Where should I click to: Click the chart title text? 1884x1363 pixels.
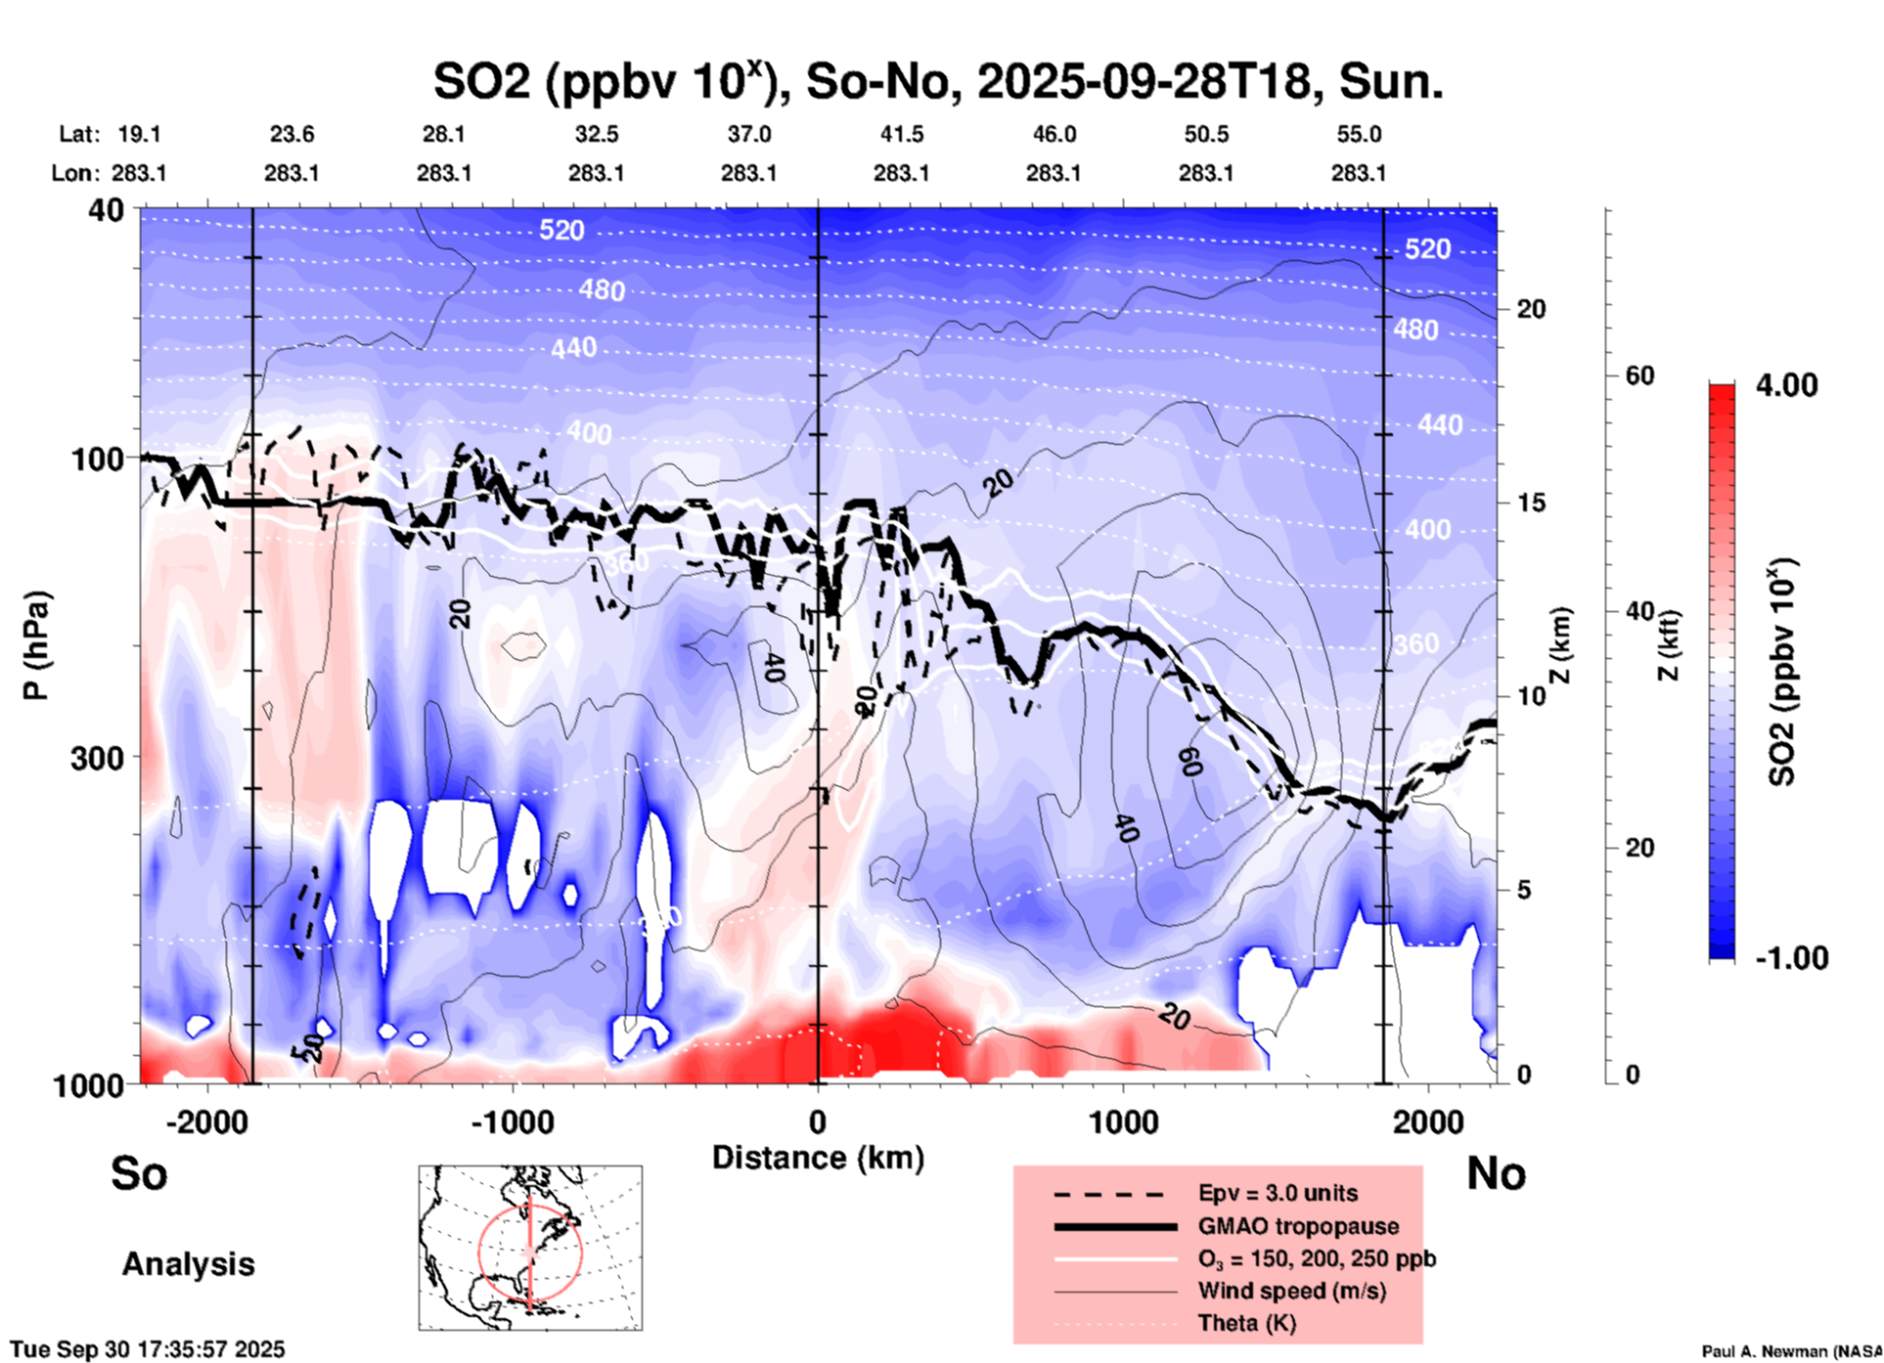pos(937,82)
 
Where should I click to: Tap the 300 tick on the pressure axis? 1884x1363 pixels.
pos(98,758)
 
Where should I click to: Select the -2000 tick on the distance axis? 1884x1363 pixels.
pos(206,1122)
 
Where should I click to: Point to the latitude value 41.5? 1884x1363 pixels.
pos(901,134)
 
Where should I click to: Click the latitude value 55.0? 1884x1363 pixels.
pos(1359,134)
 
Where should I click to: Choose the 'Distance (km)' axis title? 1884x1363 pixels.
pos(818,1158)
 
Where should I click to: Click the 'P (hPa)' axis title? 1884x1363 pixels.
pos(36,645)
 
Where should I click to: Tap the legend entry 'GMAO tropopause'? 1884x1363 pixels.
pos(1298,1226)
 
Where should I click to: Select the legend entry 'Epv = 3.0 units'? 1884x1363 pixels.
pos(1278,1193)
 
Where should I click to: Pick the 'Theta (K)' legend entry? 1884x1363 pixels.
pos(1247,1323)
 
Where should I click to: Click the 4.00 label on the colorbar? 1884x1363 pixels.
pos(1786,384)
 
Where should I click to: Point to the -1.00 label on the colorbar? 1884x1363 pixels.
pos(1791,957)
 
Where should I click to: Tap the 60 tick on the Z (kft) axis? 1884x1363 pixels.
pos(1639,375)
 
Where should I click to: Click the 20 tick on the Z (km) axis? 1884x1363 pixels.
pos(1531,309)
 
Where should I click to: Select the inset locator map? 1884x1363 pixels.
pos(530,1247)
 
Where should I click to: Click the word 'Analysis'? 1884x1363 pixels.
pos(188,1264)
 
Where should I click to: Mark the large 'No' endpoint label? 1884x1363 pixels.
pos(1496,1173)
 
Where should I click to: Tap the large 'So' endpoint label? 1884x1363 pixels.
pos(139,1173)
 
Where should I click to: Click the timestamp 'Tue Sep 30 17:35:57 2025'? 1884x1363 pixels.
pos(148,1349)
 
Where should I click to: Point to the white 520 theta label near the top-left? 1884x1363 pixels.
pos(561,230)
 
